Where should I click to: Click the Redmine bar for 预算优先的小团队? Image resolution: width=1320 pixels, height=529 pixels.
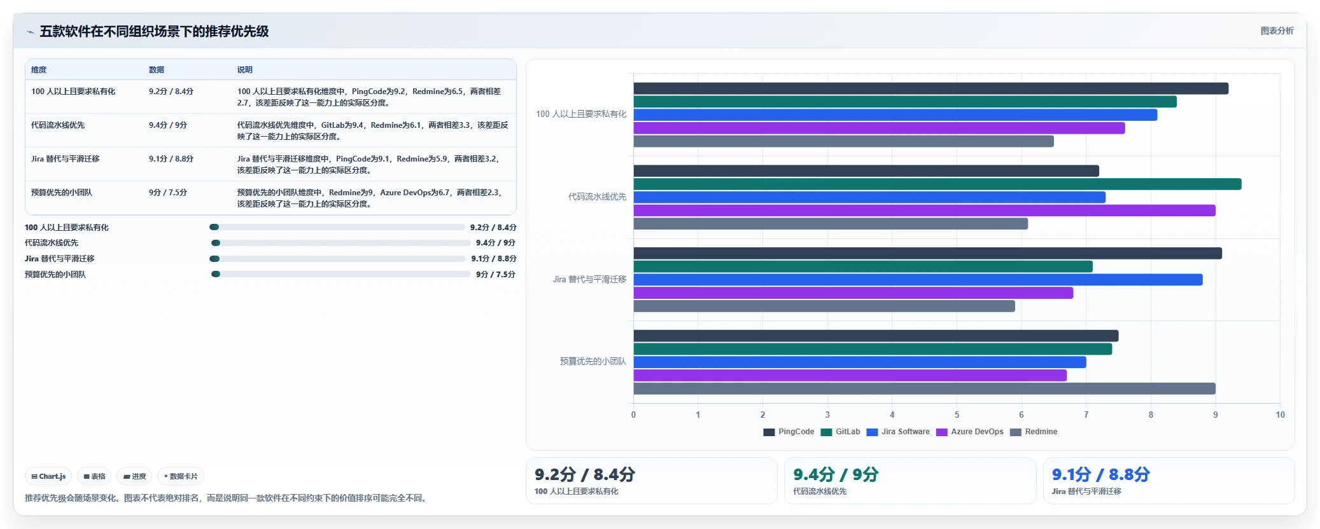pos(924,388)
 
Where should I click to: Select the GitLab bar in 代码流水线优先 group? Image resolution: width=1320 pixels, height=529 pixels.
pos(937,184)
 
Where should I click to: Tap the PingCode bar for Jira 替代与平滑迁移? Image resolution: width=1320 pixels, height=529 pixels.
pos(927,253)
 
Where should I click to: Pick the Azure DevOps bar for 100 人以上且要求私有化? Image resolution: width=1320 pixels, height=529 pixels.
pos(879,128)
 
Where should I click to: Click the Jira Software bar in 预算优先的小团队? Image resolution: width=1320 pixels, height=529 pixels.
pos(860,362)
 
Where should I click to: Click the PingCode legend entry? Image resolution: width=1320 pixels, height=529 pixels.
pos(789,432)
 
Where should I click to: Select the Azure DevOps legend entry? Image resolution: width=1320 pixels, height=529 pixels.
pos(970,432)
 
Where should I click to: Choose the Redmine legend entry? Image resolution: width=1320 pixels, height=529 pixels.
pos(1034,432)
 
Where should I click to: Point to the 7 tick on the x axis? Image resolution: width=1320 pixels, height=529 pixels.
pos(1086,415)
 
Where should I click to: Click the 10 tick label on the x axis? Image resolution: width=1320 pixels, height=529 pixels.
pos(1280,415)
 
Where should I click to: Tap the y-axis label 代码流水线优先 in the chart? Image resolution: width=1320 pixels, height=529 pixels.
pos(597,197)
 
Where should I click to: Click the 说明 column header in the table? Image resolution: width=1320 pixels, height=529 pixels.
pos(245,70)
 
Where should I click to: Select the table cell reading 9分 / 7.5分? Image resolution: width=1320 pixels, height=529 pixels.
pos(168,193)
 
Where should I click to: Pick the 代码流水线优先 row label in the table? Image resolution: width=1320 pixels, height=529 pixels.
pos(58,125)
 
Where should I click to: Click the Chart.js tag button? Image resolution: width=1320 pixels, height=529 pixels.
pos(48,476)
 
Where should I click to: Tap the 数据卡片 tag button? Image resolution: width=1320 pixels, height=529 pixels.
pos(181,476)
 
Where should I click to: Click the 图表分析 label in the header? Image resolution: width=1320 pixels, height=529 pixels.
pos(1277,31)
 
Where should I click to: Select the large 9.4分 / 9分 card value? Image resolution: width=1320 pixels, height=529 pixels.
pos(836,474)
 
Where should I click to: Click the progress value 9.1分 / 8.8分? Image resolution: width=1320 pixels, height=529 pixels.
pos(494,259)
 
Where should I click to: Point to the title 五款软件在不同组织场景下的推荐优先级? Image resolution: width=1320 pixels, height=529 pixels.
pos(154,31)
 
